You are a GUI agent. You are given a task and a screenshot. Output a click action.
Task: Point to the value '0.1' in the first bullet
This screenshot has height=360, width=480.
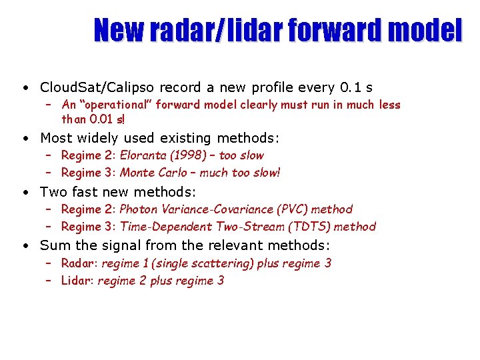[x=349, y=87]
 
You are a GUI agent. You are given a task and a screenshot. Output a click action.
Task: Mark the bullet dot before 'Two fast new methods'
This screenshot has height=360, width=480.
[x=24, y=193]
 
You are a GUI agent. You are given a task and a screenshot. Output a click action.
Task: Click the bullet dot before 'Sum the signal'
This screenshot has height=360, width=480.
[x=24, y=246]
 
